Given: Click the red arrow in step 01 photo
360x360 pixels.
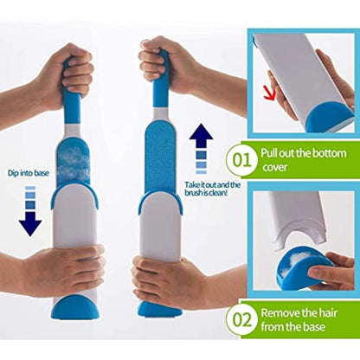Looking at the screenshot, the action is [270, 94].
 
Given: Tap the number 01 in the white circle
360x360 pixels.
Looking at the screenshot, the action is [241, 159].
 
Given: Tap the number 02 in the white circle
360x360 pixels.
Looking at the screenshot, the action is [241, 320].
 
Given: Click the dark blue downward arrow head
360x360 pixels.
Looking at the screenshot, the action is [30, 223].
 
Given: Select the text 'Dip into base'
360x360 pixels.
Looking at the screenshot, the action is [29, 173].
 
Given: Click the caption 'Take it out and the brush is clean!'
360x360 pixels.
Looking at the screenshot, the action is [213, 189].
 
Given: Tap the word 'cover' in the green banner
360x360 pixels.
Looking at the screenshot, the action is [275, 167].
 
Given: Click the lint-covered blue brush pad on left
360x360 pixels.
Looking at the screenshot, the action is [74, 163].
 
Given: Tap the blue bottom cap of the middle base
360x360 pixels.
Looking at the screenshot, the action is [159, 309].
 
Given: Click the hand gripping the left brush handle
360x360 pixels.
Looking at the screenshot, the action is [62, 75].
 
